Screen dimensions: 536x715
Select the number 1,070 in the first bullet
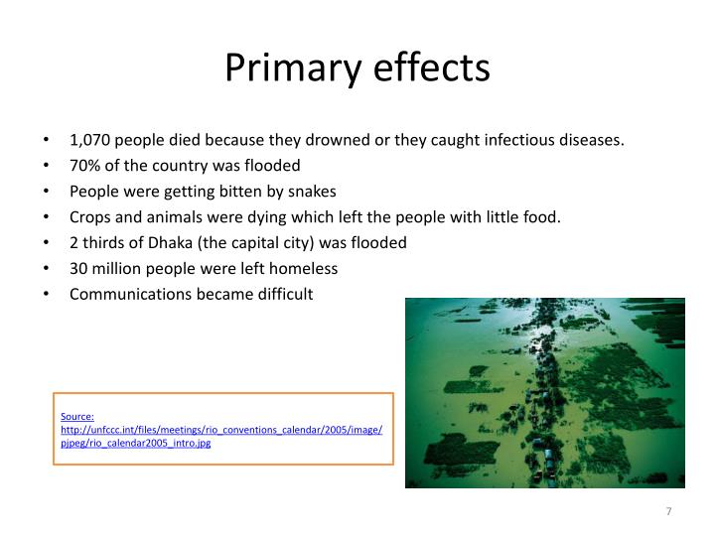point(89,140)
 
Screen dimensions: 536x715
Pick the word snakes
point(314,192)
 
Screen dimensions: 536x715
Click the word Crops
point(89,217)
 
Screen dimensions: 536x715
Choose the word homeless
point(309,268)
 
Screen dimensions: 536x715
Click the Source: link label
point(77,417)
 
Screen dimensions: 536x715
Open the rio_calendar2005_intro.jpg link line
point(136,444)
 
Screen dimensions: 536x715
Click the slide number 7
point(668,510)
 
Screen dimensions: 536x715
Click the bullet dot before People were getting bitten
point(48,192)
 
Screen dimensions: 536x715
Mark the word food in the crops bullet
point(544,217)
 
